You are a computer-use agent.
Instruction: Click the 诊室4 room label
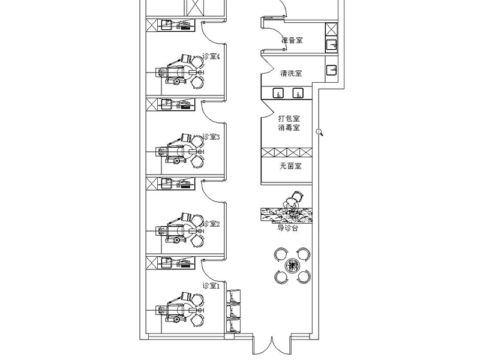pos(211,56)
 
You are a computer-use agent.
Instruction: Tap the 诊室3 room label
pos(211,137)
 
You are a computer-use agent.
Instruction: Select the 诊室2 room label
pos(211,224)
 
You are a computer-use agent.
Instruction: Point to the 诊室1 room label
pos(211,286)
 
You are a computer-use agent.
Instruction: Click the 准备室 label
pos(292,41)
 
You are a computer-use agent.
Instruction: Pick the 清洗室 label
pos(291,74)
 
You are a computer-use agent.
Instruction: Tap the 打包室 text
pos(289,119)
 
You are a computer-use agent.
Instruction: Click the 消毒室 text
pos(289,128)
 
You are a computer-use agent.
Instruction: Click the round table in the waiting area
pos(292,265)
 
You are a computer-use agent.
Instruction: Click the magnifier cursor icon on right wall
pos(320,132)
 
